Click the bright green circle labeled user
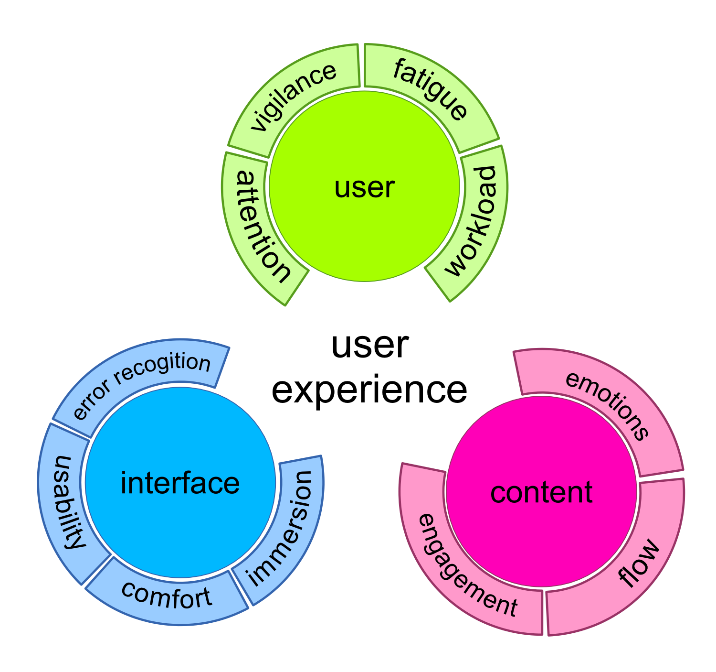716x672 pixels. coord(364,186)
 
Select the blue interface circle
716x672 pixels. coord(180,482)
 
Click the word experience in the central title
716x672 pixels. coord(369,390)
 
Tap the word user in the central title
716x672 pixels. coord(370,346)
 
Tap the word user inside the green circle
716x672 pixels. coord(364,187)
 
